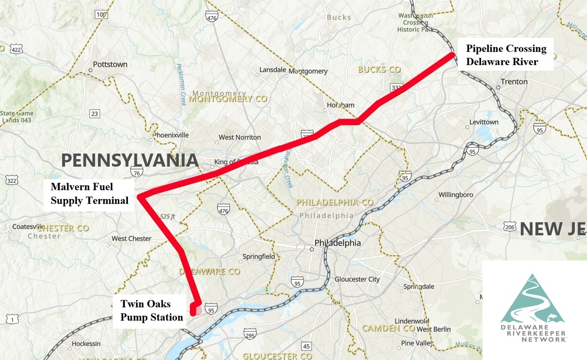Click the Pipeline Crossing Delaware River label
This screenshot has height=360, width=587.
pyautogui.click(x=506, y=55)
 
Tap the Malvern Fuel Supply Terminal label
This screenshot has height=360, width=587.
pyautogui.click(x=90, y=193)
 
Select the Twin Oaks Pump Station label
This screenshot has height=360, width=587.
pyautogui.click(x=151, y=311)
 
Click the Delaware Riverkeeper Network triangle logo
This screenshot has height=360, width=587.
pyautogui.click(x=534, y=300)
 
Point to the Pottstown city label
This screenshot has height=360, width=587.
pyautogui.click(x=110, y=65)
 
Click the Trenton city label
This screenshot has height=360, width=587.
pyautogui.click(x=514, y=82)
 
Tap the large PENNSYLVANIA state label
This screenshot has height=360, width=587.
pyautogui.click(x=129, y=161)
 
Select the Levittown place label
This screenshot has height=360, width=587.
pyautogui.click(x=484, y=123)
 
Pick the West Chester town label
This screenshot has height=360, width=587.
pyautogui.click(x=131, y=238)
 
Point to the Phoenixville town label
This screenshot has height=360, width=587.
pyautogui.click(x=171, y=135)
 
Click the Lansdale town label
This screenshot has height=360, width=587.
pyautogui.click(x=273, y=70)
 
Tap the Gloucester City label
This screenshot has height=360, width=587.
pyautogui.click(x=357, y=279)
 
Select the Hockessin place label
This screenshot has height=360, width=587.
pyautogui.click(x=86, y=344)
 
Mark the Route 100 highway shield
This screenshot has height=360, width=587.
pyautogui.click(x=101, y=14)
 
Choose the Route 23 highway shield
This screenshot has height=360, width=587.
pyautogui.click(x=94, y=114)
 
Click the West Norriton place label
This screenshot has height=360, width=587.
pyautogui.click(x=239, y=137)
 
